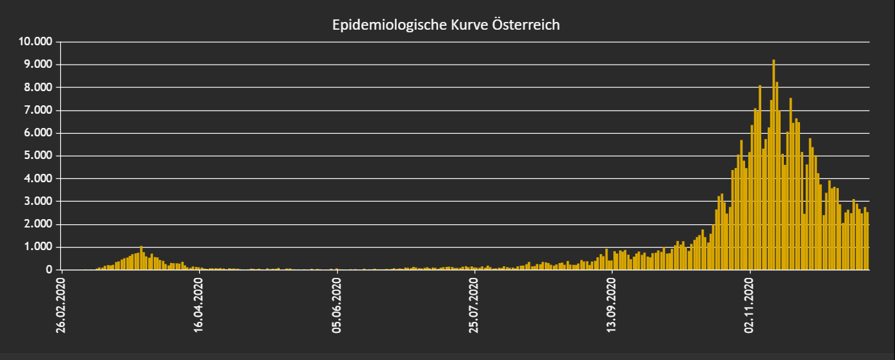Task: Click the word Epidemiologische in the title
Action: (x=389, y=25)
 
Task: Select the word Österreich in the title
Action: (x=526, y=25)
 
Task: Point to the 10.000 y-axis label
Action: (x=36, y=41)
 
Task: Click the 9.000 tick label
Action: (x=38, y=64)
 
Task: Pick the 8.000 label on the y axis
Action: (x=38, y=87)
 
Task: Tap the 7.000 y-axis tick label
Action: (x=38, y=110)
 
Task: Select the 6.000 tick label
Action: (x=38, y=132)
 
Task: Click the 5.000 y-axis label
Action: (x=38, y=155)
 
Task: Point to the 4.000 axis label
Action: (x=38, y=178)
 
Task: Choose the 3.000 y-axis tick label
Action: (x=38, y=201)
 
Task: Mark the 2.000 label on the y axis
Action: (x=38, y=224)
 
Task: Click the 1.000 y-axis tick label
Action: (x=38, y=246)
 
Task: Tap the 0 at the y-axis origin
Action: (x=49, y=270)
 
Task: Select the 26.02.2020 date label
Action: (x=61, y=305)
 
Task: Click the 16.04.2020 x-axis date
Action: (x=198, y=305)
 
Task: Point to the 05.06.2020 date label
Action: (x=337, y=305)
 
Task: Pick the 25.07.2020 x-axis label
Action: (x=474, y=305)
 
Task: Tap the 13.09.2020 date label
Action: (x=611, y=305)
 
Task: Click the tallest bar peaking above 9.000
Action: (x=774, y=165)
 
